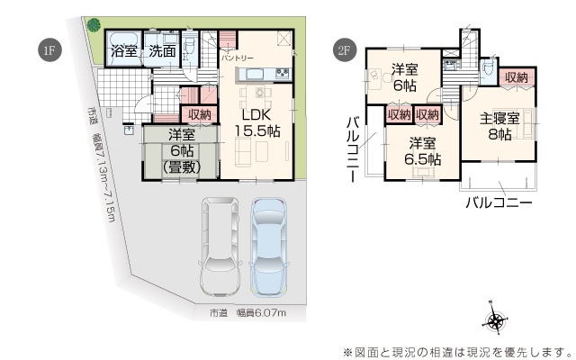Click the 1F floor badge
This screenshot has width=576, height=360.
coord(49,49)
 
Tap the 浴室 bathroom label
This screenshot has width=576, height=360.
coord(124,52)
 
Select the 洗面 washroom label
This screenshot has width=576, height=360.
coord(162,52)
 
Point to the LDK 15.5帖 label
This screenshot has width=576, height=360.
coord(259,122)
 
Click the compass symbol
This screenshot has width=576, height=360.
coord(496,320)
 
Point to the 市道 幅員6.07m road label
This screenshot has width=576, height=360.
coord(247,313)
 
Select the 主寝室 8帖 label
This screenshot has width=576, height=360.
coord(499,126)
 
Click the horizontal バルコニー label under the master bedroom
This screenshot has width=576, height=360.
coord(499,203)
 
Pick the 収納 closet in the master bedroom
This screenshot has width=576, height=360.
coord(517,78)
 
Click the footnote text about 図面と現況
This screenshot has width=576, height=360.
coord(456,350)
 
